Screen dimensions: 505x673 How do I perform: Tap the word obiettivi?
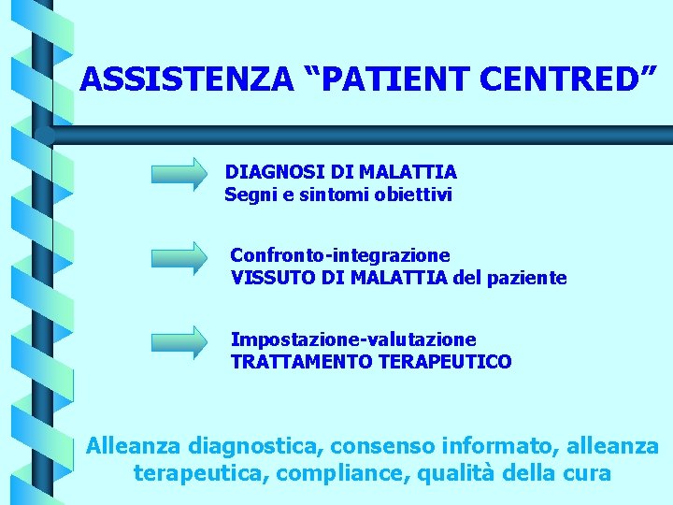[413, 195]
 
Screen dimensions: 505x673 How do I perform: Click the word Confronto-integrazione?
[340, 255]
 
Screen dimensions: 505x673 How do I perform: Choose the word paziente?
[526, 278]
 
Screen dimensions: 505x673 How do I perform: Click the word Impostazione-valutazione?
[353, 339]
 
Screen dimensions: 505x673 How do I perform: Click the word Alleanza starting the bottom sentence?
[133, 446]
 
